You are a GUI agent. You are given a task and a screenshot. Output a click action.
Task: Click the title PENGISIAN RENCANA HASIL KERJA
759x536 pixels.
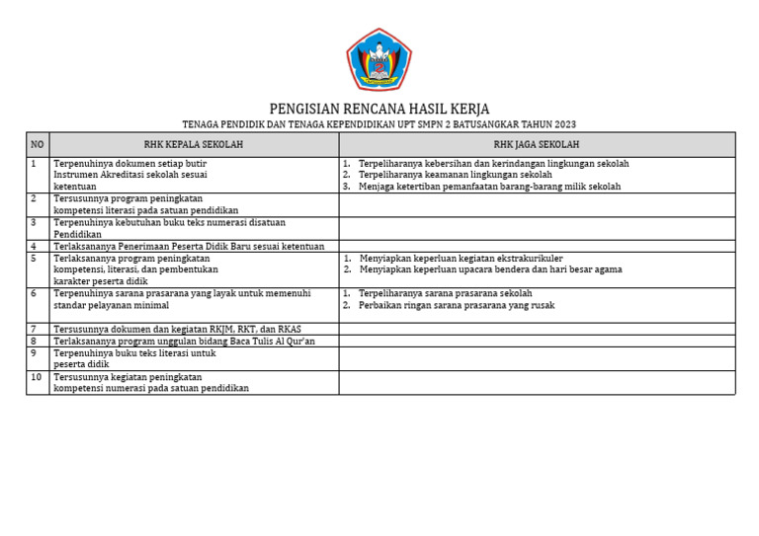pyautogui.click(x=379, y=109)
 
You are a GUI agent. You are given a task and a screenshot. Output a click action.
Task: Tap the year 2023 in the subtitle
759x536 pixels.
pyautogui.click(x=564, y=124)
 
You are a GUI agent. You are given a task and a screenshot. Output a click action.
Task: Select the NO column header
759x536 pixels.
pyautogui.click(x=38, y=144)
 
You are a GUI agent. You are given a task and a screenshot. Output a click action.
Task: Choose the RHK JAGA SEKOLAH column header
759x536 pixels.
pyautogui.click(x=537, y=144)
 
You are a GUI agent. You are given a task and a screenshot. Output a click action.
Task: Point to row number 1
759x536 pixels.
pyautogui.click(x=34, y=164)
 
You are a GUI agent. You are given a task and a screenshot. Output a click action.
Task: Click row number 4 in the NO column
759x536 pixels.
pyautogui.click(x=34, y=247)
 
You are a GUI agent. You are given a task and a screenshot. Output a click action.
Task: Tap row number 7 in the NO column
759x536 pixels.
pyautogui.click(x=34, y=329)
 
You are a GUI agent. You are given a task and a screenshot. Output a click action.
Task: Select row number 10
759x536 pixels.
pyautogui.click(x=36, y=377)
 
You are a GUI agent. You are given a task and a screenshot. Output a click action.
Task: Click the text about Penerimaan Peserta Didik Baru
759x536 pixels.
pyautogui.click(x=188, y=247)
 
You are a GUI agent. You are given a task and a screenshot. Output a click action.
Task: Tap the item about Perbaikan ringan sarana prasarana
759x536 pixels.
pyautogui.click(x=457, y=305)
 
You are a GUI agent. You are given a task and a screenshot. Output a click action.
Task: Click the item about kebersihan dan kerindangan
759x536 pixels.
pyautogui.click(x=493, y=164)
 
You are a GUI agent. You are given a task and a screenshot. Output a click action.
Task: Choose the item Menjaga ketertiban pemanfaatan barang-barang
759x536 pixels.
pyautogui.click(x=489, y=187)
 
